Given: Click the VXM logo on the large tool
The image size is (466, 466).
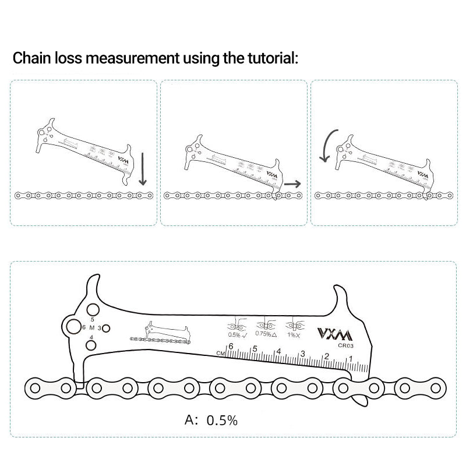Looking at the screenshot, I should (334, 334).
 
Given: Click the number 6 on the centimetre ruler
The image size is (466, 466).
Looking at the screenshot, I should (231, 346).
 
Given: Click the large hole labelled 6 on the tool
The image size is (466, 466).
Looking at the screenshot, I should (73, 327).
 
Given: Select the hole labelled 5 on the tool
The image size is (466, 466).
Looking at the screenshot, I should (92, 309).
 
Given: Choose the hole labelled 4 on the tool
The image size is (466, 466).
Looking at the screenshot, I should (91, 345).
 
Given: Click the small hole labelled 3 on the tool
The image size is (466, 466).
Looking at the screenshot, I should (106, 329).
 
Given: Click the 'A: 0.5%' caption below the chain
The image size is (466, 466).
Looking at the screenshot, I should (211, 420).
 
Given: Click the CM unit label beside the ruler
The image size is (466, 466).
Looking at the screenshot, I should (220, 353).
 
